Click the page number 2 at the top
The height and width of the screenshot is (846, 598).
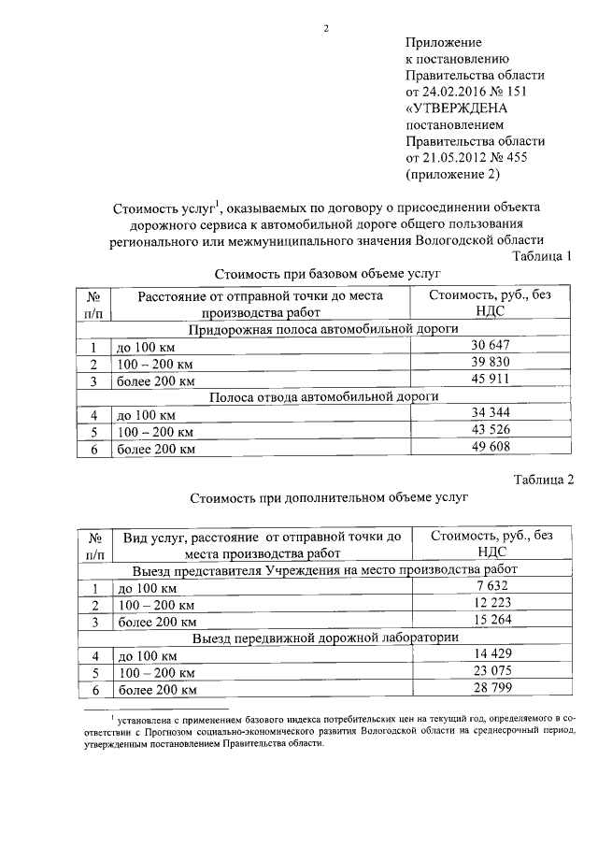click(326, 27)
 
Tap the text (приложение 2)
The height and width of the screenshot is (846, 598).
click(453, 173)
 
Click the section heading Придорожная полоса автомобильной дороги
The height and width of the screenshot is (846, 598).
click(323, 330)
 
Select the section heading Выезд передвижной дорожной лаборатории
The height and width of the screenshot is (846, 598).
click(324, 638)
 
